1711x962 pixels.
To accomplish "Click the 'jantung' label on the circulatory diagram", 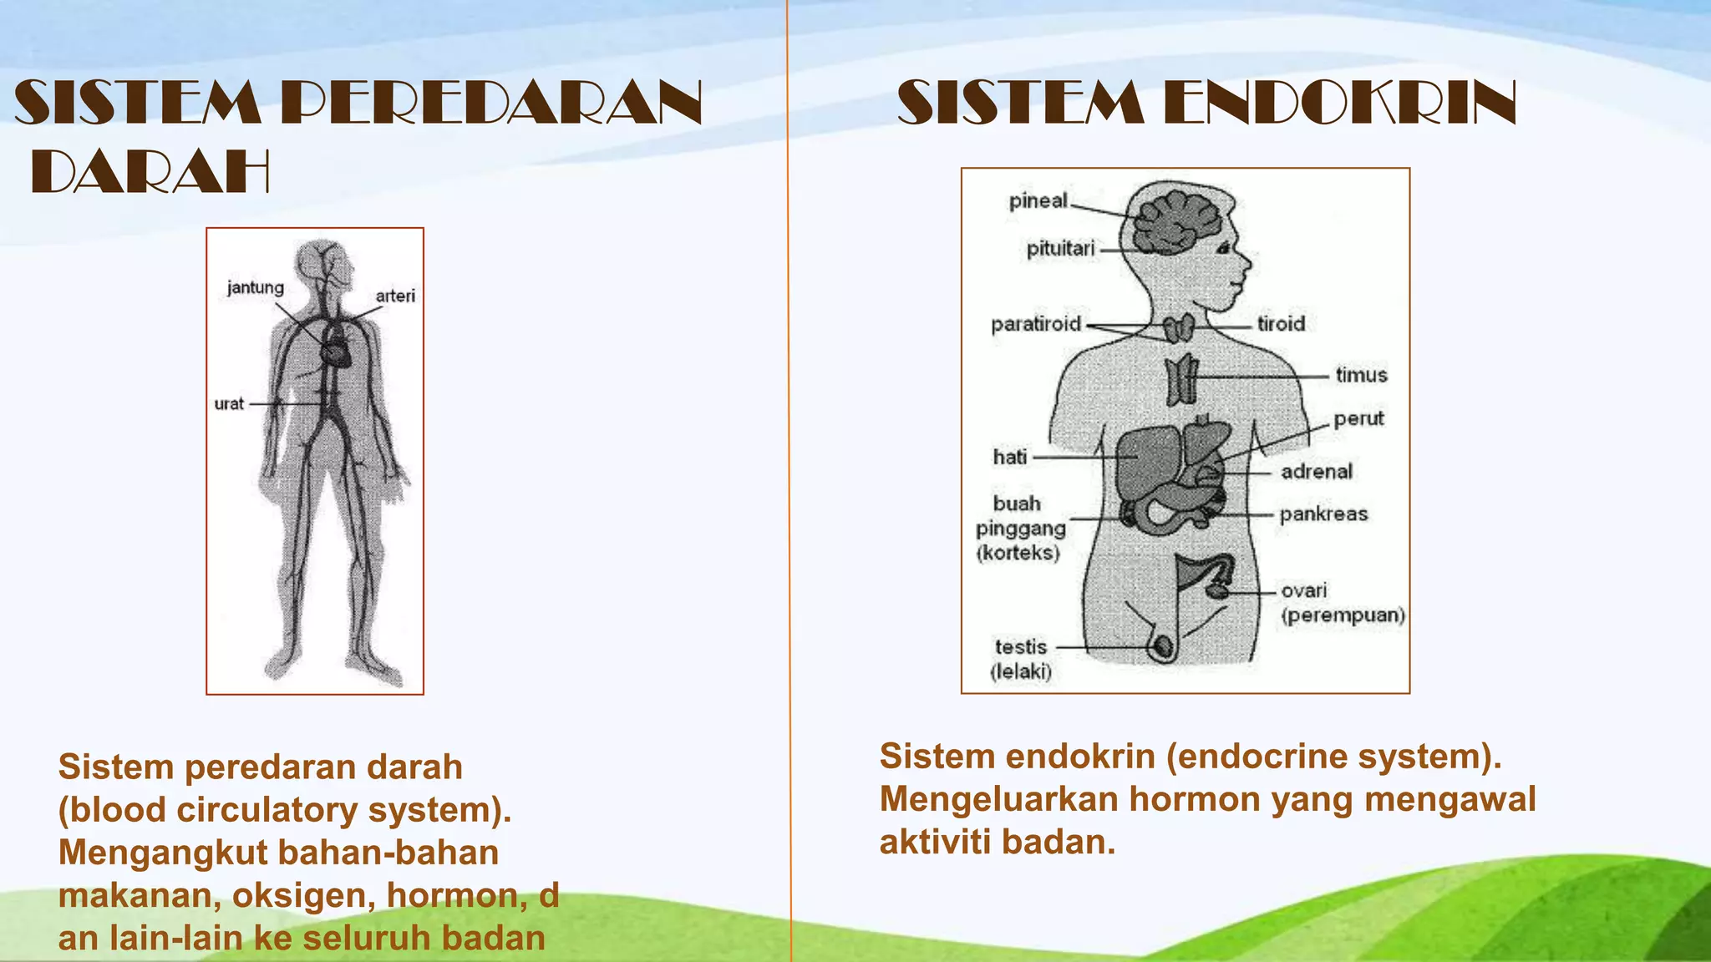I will [x=256, y=288].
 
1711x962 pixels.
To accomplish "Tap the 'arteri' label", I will [x=395, y=296].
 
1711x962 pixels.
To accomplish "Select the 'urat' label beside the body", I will [x=229, y=404].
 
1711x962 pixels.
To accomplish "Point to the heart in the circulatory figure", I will [x=338, y=350].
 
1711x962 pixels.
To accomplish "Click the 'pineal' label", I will [x=1038, y=201].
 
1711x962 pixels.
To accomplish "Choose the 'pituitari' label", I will [x=1060, y=249].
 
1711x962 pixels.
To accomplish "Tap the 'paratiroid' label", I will [x=1036, y=324].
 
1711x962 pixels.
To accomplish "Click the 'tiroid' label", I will [x=1281, y=324].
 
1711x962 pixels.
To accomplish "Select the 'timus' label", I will [x=1361, y=376].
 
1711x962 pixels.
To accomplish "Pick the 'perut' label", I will [x=1358, y=418].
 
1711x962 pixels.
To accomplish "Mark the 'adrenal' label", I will [x=1317, y=472].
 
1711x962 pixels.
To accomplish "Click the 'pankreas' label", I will [x=1323, y=514].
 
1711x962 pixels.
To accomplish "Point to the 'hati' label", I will [x=1010, y=457].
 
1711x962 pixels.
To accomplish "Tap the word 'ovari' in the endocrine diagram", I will [x=1304, y=591].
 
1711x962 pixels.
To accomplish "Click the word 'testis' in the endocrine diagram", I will [x=1021, y=647].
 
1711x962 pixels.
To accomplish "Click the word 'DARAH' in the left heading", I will [x=150, y=173].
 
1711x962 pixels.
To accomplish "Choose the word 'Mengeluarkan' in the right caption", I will [x=998, y=799].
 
